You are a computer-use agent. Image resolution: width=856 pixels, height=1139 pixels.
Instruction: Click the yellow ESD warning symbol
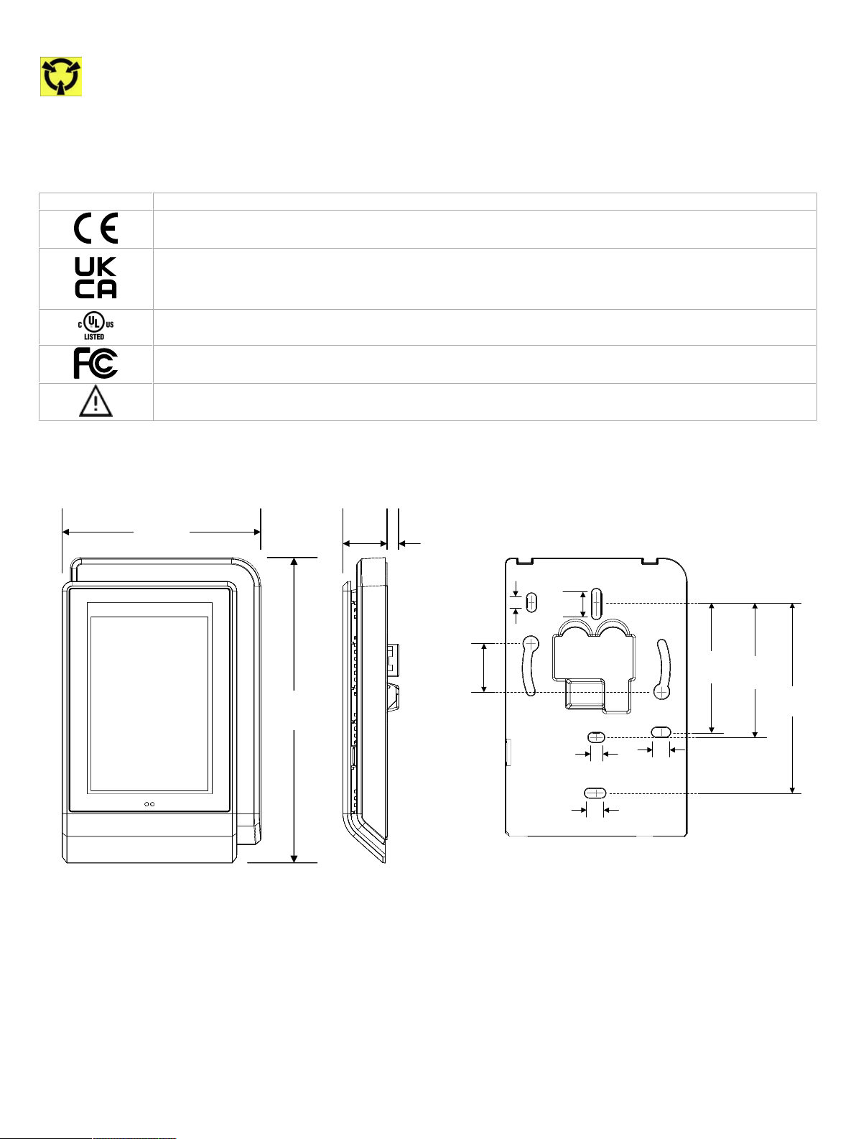tap(61, 77)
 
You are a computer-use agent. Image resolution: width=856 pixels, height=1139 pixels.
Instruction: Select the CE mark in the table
tap(96, 229)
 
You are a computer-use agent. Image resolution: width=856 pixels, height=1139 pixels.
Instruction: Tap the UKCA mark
tap(96, 278)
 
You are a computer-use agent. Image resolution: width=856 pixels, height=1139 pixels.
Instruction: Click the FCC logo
tap(96, 363)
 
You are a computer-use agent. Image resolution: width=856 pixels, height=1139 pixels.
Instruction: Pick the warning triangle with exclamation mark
tap(96, 402)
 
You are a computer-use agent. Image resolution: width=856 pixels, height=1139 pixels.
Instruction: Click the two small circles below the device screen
tap(149, 804)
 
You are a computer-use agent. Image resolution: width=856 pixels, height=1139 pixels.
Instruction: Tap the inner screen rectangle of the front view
tap(149, 704)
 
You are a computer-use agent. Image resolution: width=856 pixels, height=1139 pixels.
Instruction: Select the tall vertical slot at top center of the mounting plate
tap(596, 604)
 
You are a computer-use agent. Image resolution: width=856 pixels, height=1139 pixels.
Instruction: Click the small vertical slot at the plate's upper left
tap(531, 603)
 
